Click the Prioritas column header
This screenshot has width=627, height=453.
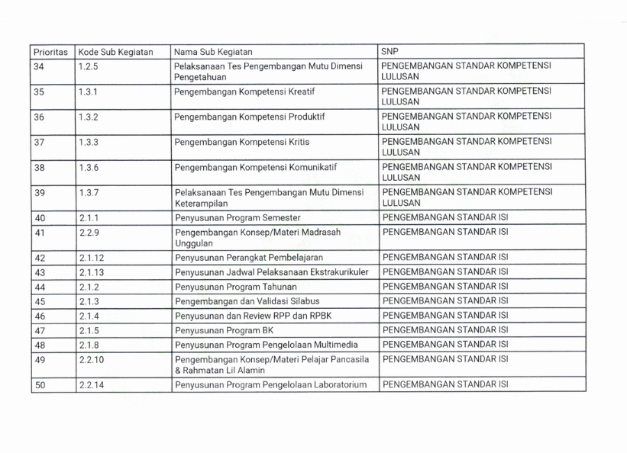pyautogui.click(x=51, y=53)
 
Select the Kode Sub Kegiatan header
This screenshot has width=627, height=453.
pyautogui.click(x=115, y=53)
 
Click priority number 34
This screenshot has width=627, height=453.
pyautogui.click(x=39, y=67)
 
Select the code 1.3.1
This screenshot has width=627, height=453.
pyautogui.click(x=86, y=92)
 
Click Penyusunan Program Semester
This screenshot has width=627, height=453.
pyautogui.click(x=237, y=217)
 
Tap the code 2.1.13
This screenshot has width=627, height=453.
pyautogui.click(x=89, y=272)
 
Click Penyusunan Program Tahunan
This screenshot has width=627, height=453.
pyautogui.click(x=234, y=286)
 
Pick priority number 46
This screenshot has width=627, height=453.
pyautogui.click(x=39, y=315)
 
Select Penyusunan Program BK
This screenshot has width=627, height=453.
pyautogui.click(x=225, y=329)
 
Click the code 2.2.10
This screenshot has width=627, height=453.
pyautogui.click(x=89, y=358)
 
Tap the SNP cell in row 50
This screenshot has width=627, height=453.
pyautogui.click(x=445, y=385)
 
